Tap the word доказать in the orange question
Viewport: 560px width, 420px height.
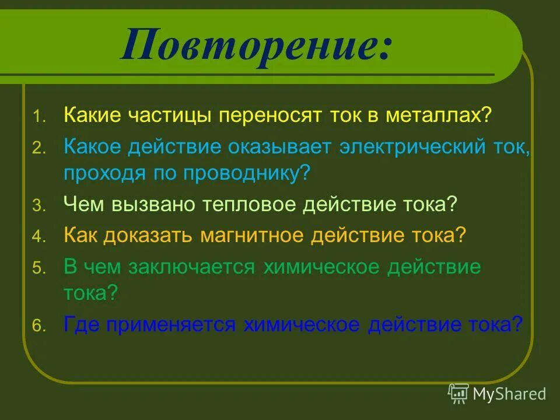pyautogui.click(x=149, y=235)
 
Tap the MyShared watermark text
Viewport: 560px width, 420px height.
pyautogui.click(x=509, y=394)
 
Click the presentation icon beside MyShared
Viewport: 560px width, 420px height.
pyautogui.click(x=459, y=394)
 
